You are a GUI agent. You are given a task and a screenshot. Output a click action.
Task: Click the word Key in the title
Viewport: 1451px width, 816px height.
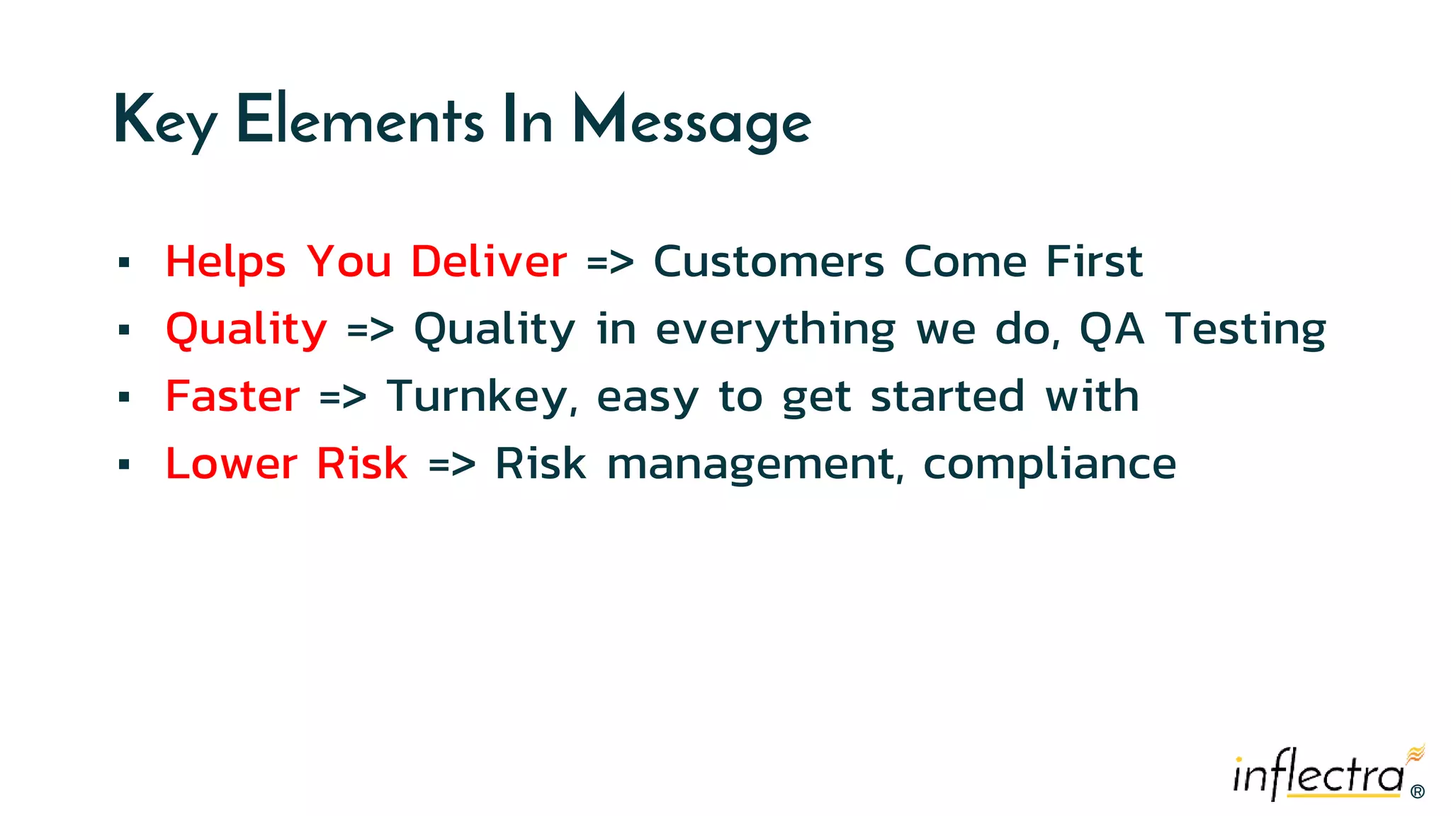[x=164, y=122]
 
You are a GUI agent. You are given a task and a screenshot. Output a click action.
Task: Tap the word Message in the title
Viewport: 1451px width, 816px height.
[x=691, y=122]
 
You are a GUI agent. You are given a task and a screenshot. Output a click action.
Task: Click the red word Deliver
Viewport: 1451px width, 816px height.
[x=489, y=261]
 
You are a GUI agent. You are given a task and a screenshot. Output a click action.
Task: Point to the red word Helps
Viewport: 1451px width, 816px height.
[x=225, y=261]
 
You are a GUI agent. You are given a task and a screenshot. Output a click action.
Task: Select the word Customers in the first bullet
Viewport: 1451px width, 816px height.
[x=769, y=261]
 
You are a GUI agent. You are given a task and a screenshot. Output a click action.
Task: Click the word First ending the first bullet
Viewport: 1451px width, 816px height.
[x=1094, y=261]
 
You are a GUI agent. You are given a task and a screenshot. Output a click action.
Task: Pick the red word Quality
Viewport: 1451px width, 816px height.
[x=246, y=329]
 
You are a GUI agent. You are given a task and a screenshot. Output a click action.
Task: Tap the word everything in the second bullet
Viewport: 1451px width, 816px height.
[x=776, y=329]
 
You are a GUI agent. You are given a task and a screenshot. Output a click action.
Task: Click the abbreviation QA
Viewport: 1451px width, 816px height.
[x=1111, y=329]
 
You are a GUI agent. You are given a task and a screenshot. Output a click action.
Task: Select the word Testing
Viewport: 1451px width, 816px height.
[x=1246, y=329]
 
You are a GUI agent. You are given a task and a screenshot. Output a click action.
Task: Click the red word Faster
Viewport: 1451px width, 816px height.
[x=232, y=396]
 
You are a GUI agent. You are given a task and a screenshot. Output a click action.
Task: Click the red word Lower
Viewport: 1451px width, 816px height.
[x=231, y=464]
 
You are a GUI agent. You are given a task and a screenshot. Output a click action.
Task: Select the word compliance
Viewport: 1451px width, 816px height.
[x=1049, y=464]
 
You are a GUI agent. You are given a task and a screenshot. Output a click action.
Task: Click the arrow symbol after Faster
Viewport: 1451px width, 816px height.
[x=343, y=397]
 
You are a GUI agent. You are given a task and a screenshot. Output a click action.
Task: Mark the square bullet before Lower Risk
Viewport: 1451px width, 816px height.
[x=125, y=465]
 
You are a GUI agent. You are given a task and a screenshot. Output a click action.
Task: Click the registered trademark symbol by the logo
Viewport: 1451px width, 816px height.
[x=1418, y=792]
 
